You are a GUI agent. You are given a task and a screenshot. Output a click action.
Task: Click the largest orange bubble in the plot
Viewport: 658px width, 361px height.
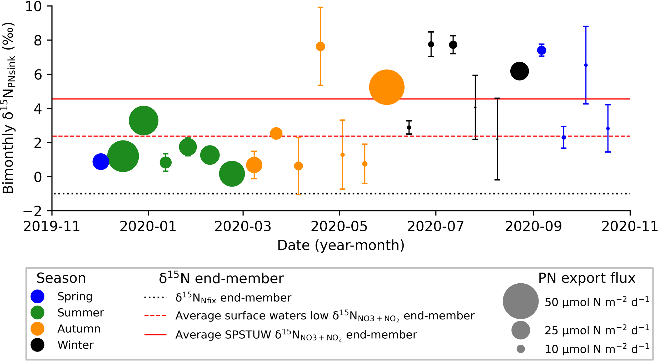[x=387, y=87]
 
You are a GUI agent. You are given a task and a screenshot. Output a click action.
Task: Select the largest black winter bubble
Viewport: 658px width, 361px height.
[x=519, y=71]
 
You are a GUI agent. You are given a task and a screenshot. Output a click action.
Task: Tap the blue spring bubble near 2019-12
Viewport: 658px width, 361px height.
[x=101, y=162]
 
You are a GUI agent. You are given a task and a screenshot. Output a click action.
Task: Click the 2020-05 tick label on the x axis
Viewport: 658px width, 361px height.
[x=339, y=227]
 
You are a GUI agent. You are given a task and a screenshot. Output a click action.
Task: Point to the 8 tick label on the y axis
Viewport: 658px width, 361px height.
[x=38, y=40]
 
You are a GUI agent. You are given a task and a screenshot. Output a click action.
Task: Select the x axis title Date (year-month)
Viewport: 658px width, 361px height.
[x=341, y=245]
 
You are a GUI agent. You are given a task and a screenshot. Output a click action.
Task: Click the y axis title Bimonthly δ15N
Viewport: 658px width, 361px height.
[x=8, y=108]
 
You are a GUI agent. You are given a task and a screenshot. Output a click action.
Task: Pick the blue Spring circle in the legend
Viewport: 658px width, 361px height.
[x=37, y=297]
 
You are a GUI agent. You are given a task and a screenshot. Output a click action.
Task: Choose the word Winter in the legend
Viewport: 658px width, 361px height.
[x=76, y=345]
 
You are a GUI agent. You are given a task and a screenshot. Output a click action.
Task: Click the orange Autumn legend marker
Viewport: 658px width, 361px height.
[x=37, y=329]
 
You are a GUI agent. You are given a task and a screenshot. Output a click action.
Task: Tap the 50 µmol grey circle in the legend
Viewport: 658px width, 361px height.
[x=521, y=301]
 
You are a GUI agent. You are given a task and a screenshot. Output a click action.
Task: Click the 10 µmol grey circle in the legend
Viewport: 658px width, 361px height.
[x=521, y=349]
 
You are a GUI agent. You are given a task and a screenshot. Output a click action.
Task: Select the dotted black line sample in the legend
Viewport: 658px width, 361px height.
[x=155, y=298]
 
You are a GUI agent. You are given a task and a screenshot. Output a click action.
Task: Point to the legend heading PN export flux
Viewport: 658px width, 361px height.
[x=587, y=278]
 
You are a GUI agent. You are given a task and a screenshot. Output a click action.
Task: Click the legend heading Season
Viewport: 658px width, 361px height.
[x=61, y=278]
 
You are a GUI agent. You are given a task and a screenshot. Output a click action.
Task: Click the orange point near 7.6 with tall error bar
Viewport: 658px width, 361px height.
[x=320, y=46]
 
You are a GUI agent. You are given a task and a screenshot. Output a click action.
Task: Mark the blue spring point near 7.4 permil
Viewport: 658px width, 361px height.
[x=541, y=50]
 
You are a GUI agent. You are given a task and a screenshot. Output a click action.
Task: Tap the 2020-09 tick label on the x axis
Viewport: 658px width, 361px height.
[x=533, y=227]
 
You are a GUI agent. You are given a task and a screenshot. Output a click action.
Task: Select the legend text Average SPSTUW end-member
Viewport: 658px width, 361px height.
[x=296, y=335]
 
